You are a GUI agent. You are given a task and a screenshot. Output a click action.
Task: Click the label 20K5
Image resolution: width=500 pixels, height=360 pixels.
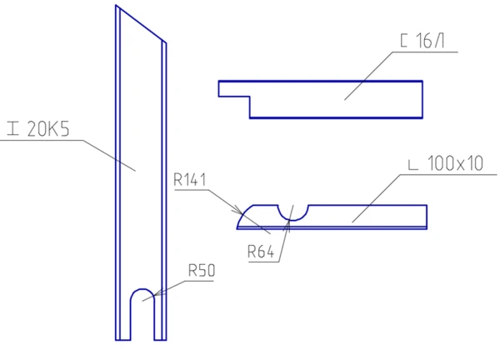click(48, 129)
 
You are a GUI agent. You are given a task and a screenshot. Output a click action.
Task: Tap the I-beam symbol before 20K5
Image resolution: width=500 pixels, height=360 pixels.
click(13, 128)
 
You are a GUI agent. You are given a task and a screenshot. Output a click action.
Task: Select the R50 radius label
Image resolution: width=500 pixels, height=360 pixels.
click(202, 270)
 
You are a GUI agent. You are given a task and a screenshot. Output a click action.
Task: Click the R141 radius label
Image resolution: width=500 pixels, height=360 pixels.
click(190, 179)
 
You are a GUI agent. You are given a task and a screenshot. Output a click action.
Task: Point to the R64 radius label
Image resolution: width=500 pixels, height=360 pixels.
click(261, 252)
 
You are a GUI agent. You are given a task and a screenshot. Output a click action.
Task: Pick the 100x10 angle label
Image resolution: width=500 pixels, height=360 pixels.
click(455, 163)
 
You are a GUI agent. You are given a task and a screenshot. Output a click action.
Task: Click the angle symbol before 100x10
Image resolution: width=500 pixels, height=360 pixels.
click(413, 166)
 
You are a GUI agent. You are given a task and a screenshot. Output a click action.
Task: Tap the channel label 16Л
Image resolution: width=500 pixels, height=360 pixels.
click(430, 41)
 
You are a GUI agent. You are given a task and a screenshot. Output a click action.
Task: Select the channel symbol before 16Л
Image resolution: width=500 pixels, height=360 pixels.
click(403, 41)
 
